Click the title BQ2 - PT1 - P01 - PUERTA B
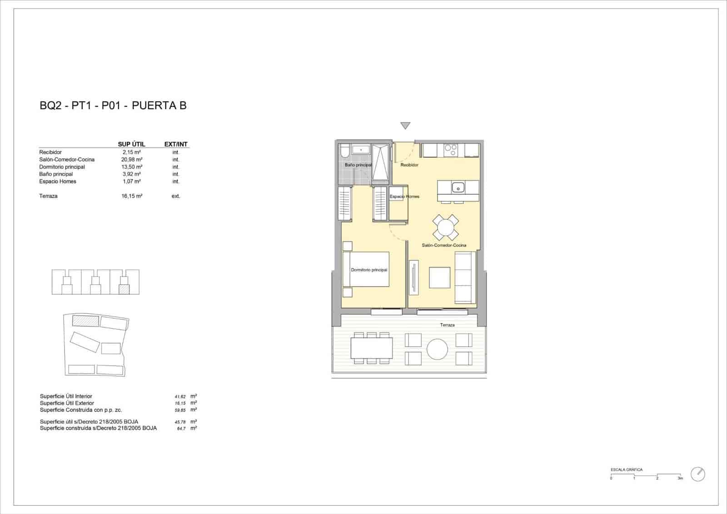(113, 106)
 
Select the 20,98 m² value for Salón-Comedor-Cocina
(132, 160)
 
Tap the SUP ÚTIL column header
(131, 144)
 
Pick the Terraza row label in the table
(49, 196)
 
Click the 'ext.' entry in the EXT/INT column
(176, 196)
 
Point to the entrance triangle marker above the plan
(405, 126)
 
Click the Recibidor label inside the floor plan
(409, 165)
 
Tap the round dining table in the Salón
(446, 227)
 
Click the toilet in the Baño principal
(344, 150)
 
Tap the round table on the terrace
(438, 349)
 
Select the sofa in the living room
(465, 277)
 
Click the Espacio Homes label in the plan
(404, 197)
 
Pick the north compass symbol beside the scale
(698, 474)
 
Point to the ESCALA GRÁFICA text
(627, 470)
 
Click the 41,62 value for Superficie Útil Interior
(180, 397)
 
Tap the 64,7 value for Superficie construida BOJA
(181, 428)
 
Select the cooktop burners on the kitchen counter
(451, 151)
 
